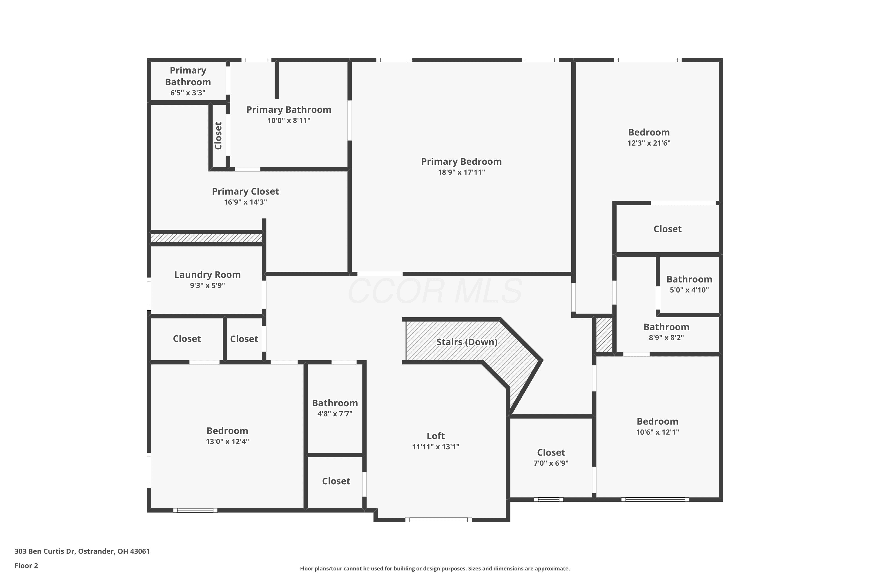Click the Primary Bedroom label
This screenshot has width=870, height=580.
coord(461,162)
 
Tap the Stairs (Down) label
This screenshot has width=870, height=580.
coord(467,342)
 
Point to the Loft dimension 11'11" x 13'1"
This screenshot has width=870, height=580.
coord(436,447)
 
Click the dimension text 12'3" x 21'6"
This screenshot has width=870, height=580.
coord(649,143)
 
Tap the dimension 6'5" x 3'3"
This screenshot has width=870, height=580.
coord(188,93)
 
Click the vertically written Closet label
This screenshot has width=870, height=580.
coord(218,136)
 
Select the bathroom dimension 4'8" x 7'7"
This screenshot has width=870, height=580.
coord(335,414)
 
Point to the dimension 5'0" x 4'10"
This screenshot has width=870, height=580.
coord(689,290)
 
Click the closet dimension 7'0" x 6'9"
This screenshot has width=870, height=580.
coord(551,463)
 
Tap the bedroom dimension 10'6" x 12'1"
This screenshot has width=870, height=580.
coord(657,432)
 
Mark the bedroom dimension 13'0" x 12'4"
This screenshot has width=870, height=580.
coord(227,441)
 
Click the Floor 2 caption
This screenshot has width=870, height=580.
coord(26,565)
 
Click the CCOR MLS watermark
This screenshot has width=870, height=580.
coord(435,291)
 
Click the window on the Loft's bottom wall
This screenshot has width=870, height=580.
coord(438,520)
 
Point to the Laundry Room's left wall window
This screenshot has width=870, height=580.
coord(149,294)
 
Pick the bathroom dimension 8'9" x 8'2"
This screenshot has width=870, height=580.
coord(666,337)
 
